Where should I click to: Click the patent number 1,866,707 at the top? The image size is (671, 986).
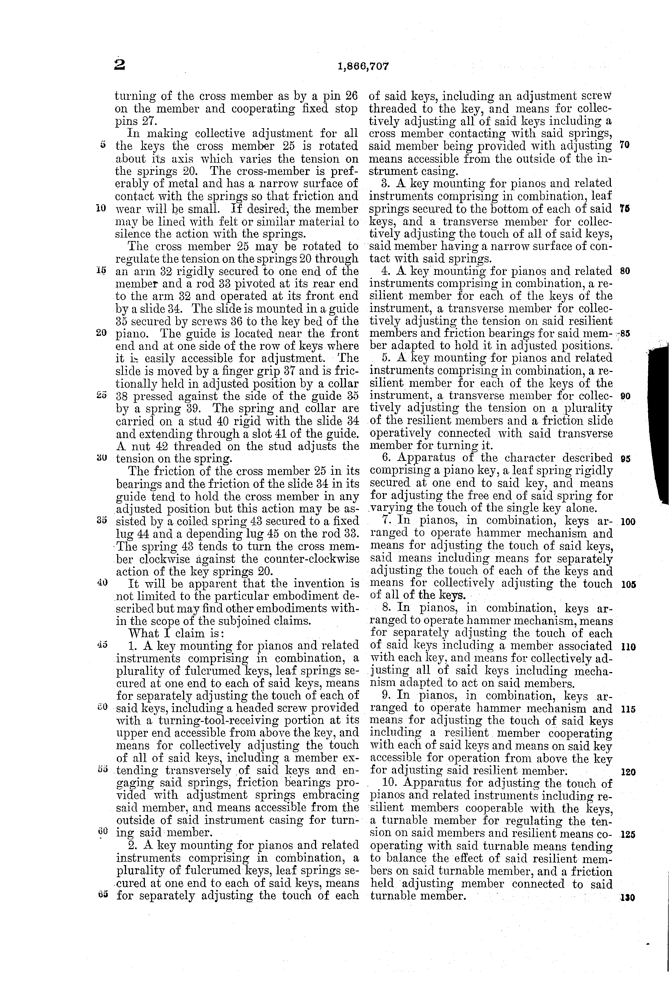pos(364,66)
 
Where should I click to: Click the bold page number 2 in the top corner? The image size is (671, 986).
pos(120,65)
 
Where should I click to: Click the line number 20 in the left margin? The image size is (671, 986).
pos(101,333)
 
